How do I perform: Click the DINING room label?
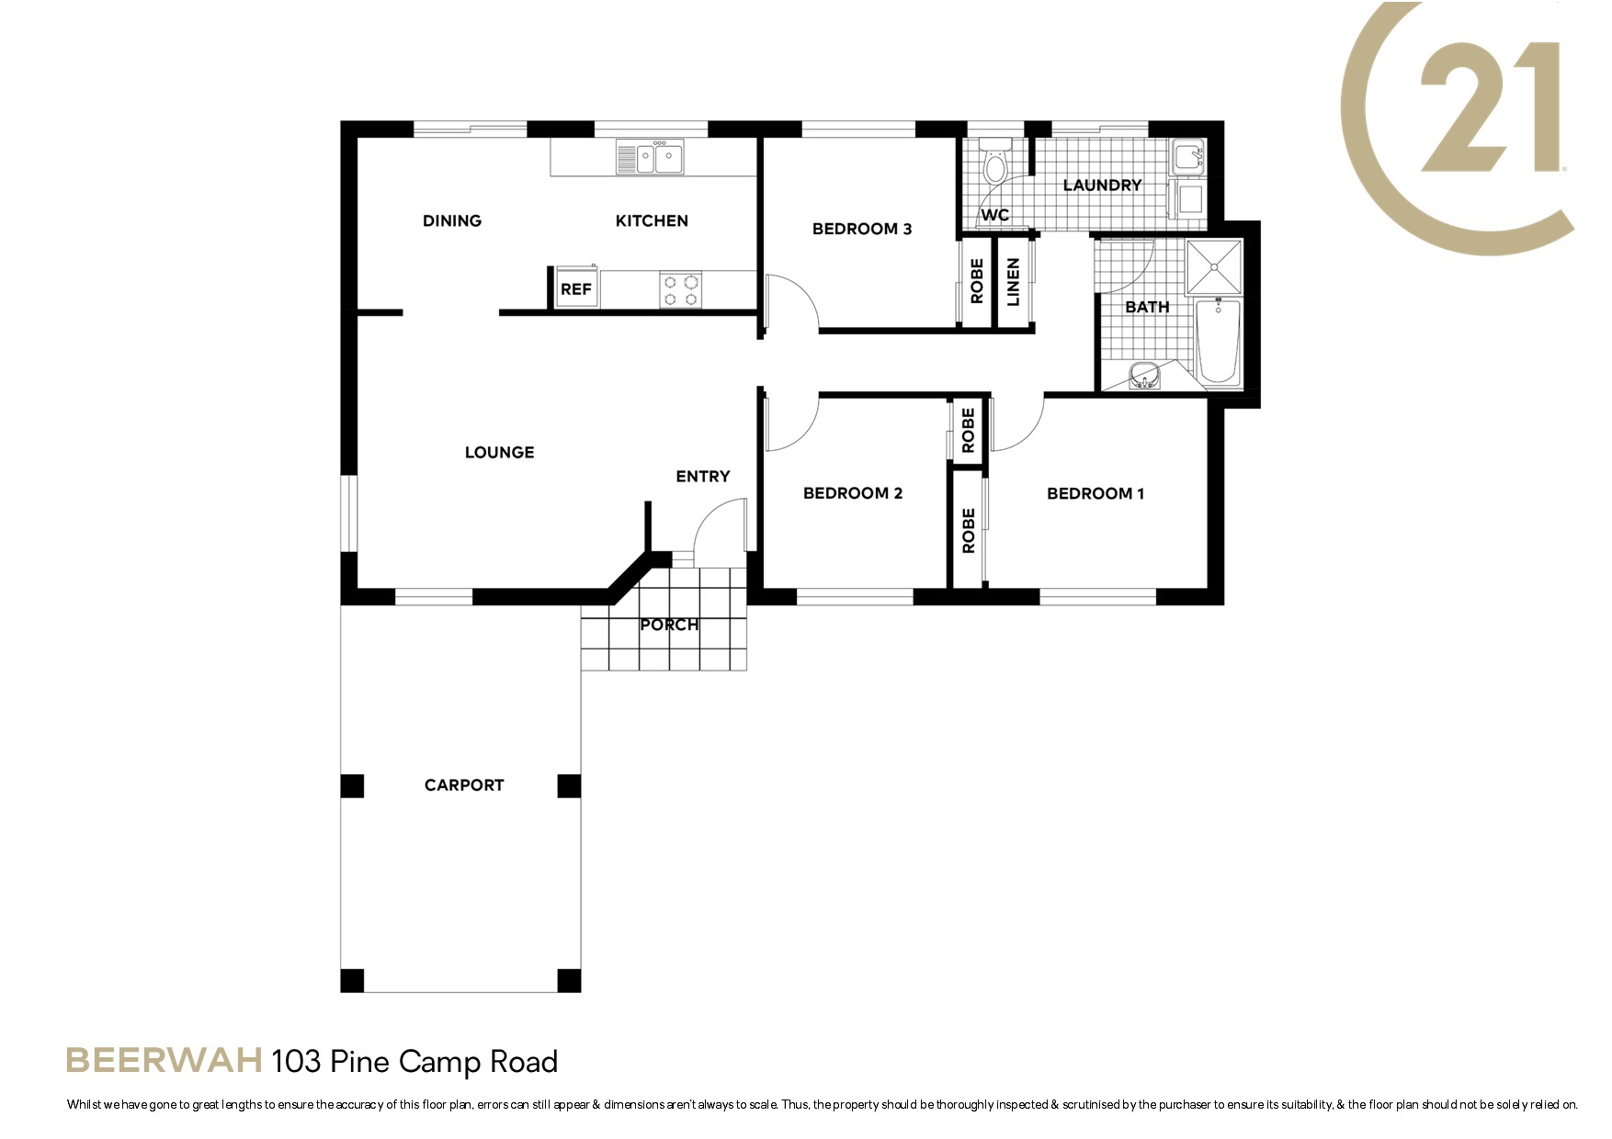point(452,220)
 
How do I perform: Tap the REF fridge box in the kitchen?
point(576,288)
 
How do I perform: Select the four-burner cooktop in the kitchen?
point(681,289)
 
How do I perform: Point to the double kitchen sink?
point(650,157)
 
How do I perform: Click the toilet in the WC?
point(994,164)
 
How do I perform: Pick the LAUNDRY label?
point(1102,186)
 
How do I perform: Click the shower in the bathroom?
point(1214,266)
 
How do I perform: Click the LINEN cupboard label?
point(1014,282)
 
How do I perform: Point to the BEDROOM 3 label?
point(862,229)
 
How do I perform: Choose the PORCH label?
point(669,625)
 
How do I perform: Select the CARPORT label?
point(464,785)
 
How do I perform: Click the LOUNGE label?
point(499,452)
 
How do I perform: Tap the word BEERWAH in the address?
point(164,1061)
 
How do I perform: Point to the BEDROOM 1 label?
point(1095,493)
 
